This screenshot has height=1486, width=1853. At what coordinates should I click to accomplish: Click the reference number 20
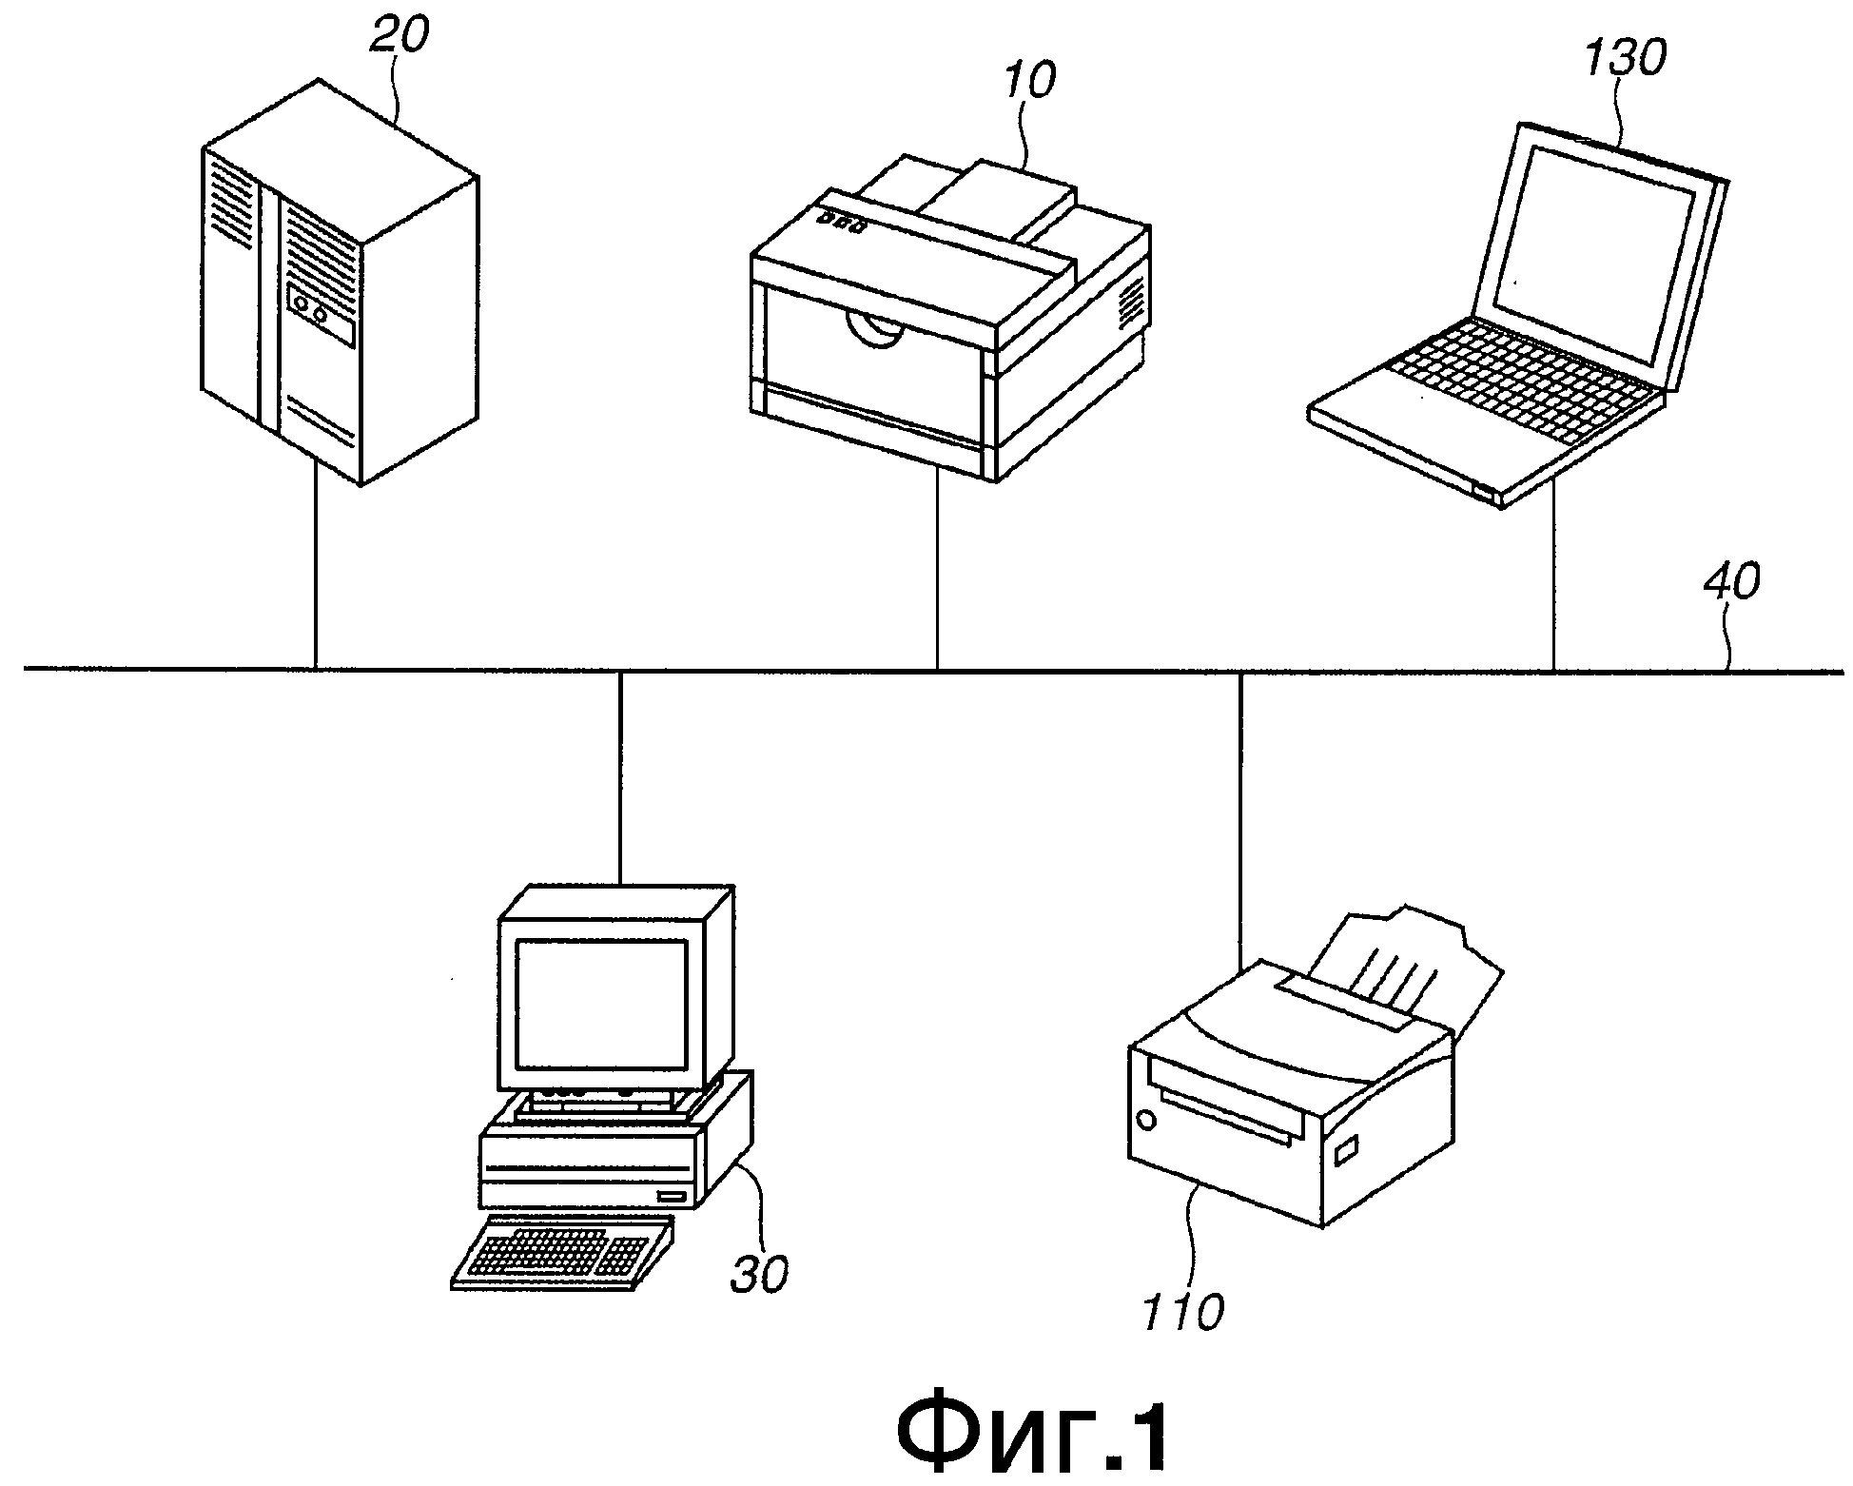pyautogui.click(x=398, y=39)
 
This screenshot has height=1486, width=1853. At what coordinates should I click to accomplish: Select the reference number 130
pyautogui.click(x=1624, y=60)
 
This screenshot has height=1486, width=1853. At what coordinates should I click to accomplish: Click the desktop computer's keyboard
pyautogui.click(x=563, y=1252)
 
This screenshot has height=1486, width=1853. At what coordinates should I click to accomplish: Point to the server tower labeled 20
pyautogui.click(x=339, y=283)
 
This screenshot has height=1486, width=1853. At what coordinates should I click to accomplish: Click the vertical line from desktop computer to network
pyautogui.click(x=619, y=777)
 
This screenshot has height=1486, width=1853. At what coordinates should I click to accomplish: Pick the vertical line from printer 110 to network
pyautogui.click(x=1239, y=820)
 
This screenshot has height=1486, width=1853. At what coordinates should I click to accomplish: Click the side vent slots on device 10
pyautogui.click(x=1129, y=303)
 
